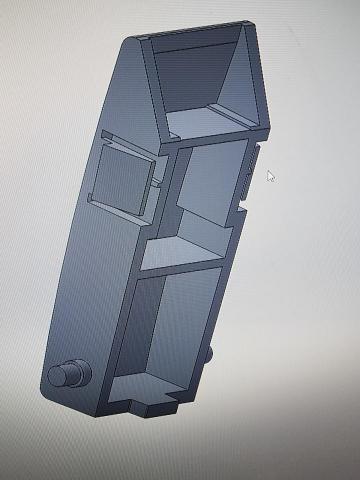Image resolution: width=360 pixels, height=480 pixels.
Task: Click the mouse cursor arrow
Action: tap(270, 176)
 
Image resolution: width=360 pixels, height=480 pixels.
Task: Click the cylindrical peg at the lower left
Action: tap(68, 376)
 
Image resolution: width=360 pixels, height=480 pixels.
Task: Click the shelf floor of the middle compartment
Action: tap(185, 250)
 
